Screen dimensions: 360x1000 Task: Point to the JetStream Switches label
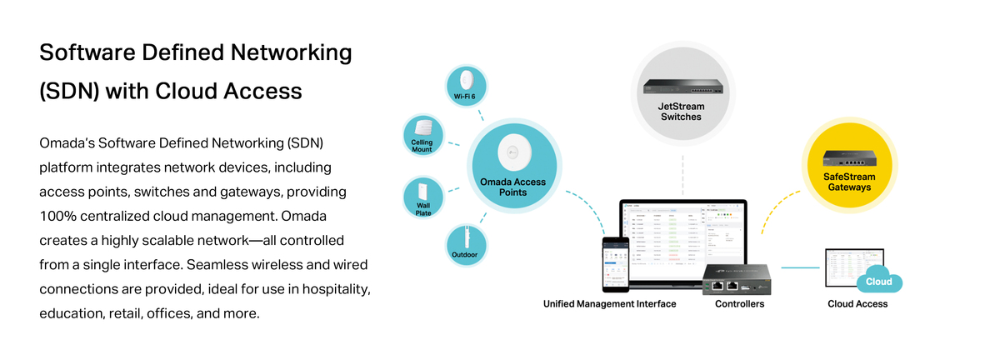coord(680,111)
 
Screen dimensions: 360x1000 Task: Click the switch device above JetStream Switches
coord(680,83)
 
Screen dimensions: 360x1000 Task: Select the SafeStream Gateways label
coord(849,182)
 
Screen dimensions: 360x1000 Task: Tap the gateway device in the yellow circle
coord(849,158)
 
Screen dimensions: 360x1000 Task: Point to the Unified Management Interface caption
coord(610,304)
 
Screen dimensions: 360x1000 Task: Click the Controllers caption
coord(739,304)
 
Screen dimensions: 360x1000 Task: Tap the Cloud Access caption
coord(857,304)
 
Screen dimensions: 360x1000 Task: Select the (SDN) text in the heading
coord(70,91)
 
